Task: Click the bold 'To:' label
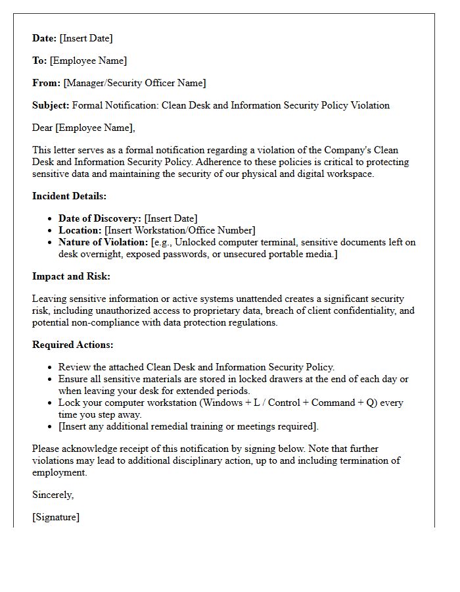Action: point(39,61)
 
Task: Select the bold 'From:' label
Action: point(46,83)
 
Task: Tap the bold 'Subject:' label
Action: point(51,105)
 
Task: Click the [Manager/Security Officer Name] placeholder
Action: point(135,83)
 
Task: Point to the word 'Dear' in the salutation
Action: point(43,128)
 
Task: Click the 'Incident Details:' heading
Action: point(69,196)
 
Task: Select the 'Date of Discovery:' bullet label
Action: point(100,218)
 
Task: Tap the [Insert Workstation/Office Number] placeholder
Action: point(180,230)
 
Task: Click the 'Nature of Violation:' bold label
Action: point(103,242)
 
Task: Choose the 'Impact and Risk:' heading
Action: point(71,276)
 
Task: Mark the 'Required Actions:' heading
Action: point(72,345)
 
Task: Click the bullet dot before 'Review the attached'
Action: point(51,368)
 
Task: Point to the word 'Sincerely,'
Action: point(53,495)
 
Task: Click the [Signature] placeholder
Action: point(56,517)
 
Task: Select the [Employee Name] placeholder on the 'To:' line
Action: point(88,61)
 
